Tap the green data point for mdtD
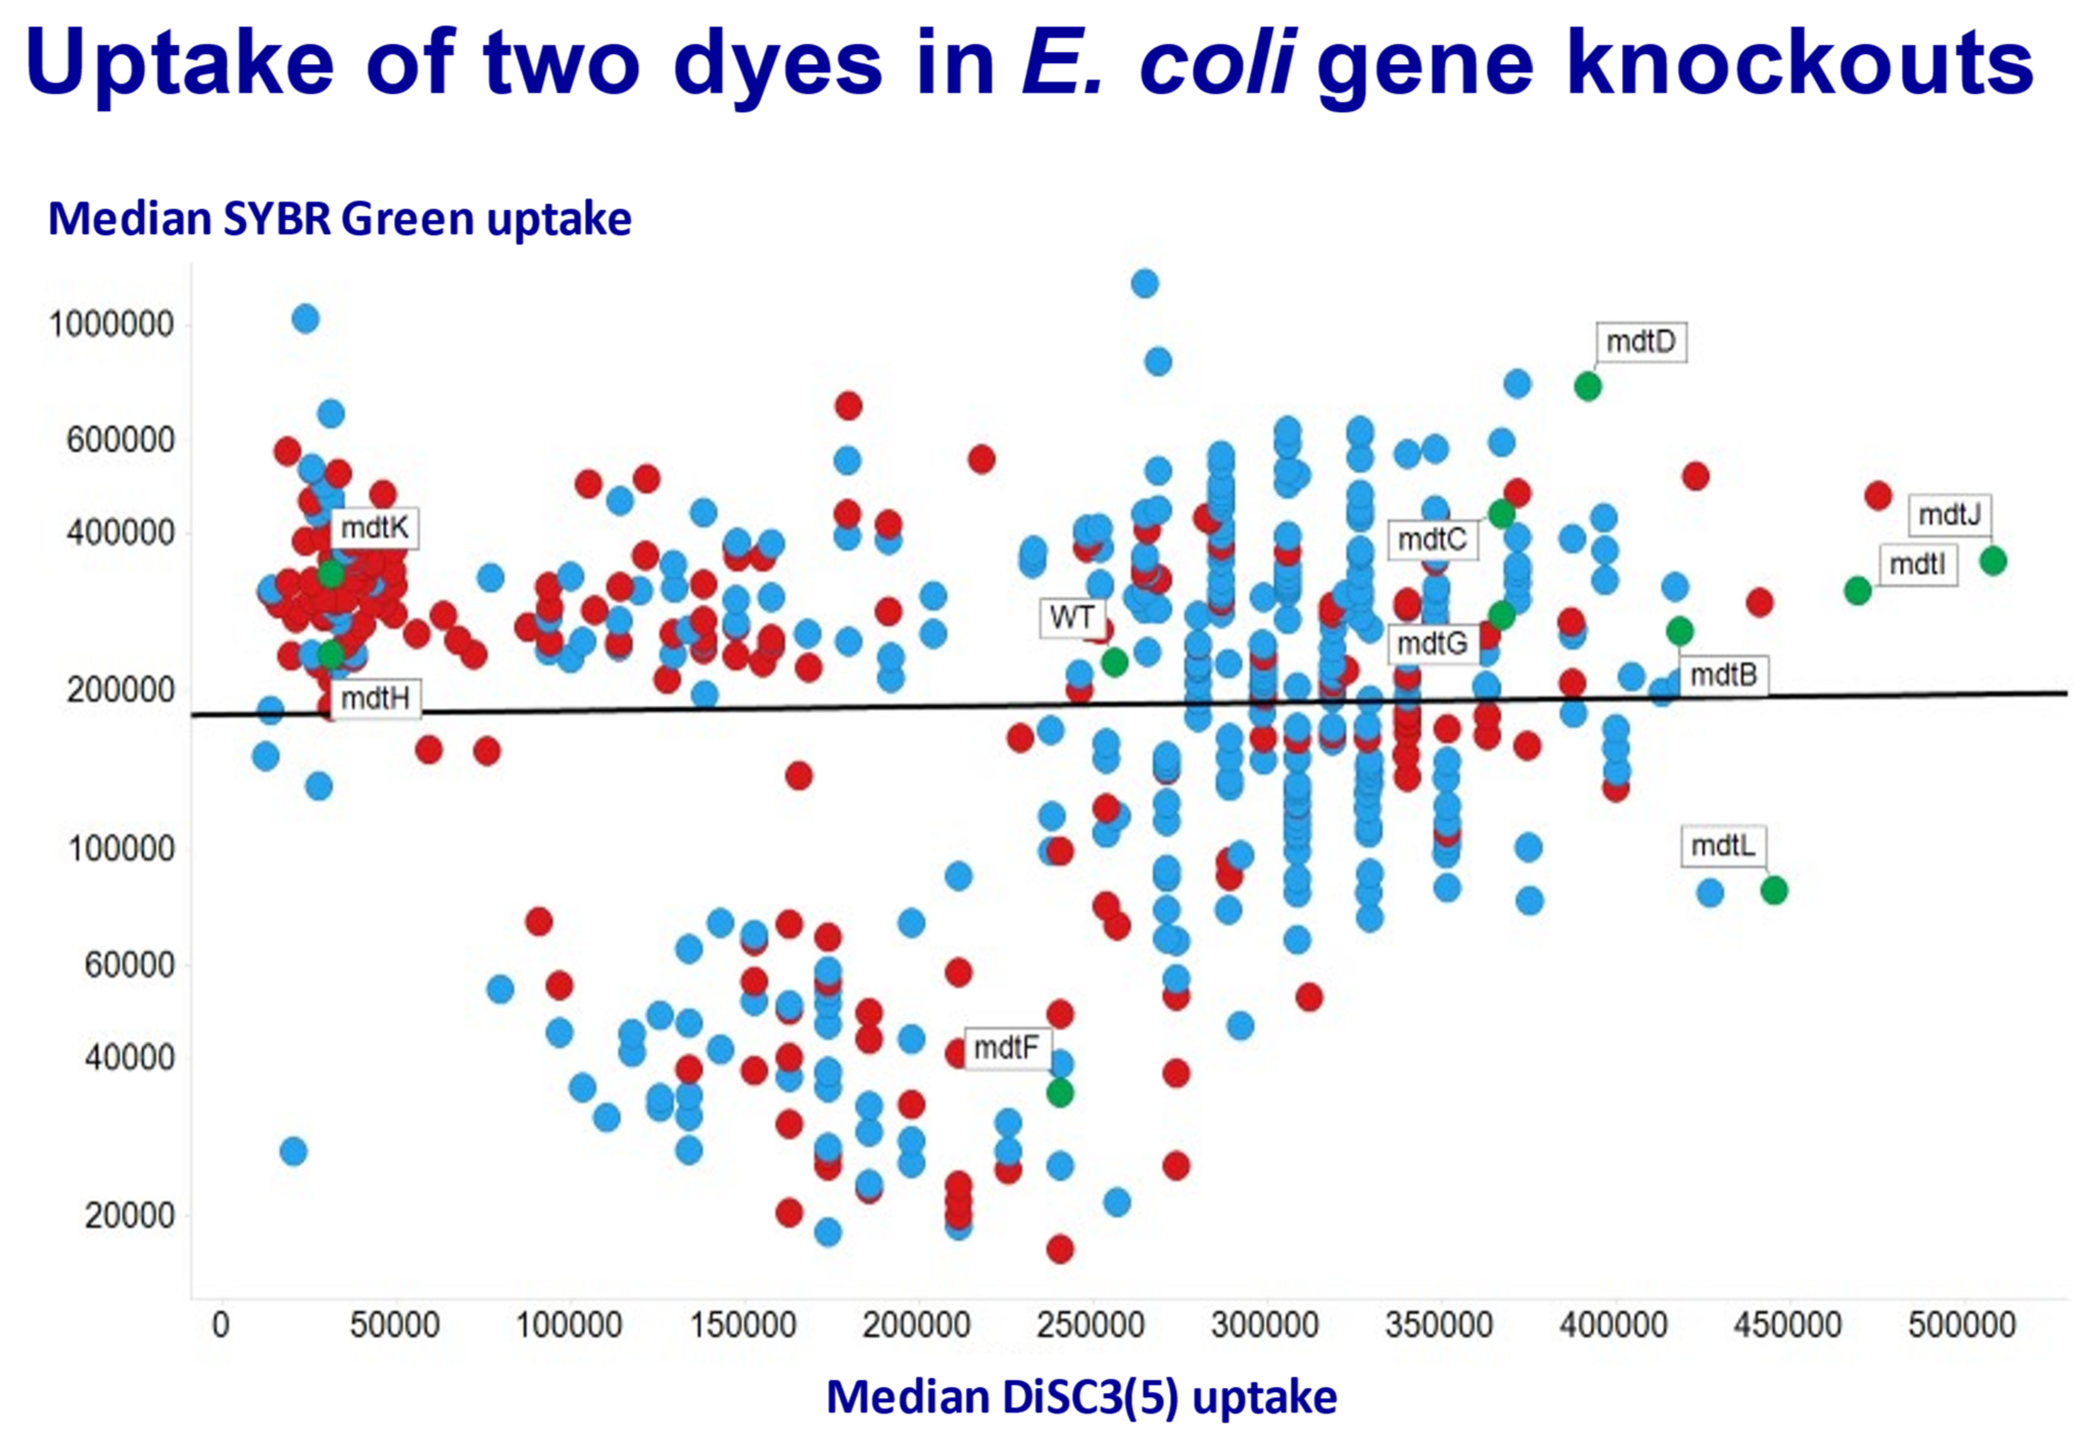[x=1587, y=386]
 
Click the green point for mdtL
[x=1773, y=890]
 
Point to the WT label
[x=1071, y=618]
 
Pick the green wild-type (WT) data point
[x=1115, y=662]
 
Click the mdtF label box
[x=1006, y=1048]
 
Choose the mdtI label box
[x=1917, y=564]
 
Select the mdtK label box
[x=374, y=528]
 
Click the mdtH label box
[x=374, y=698]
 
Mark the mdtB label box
[x=1723, y=675]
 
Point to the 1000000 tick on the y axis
[x=111, y=324]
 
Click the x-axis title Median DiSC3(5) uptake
[x=1081, y=1396]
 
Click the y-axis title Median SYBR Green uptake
[x=339, y=219]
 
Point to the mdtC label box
[x=1432, y=539]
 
